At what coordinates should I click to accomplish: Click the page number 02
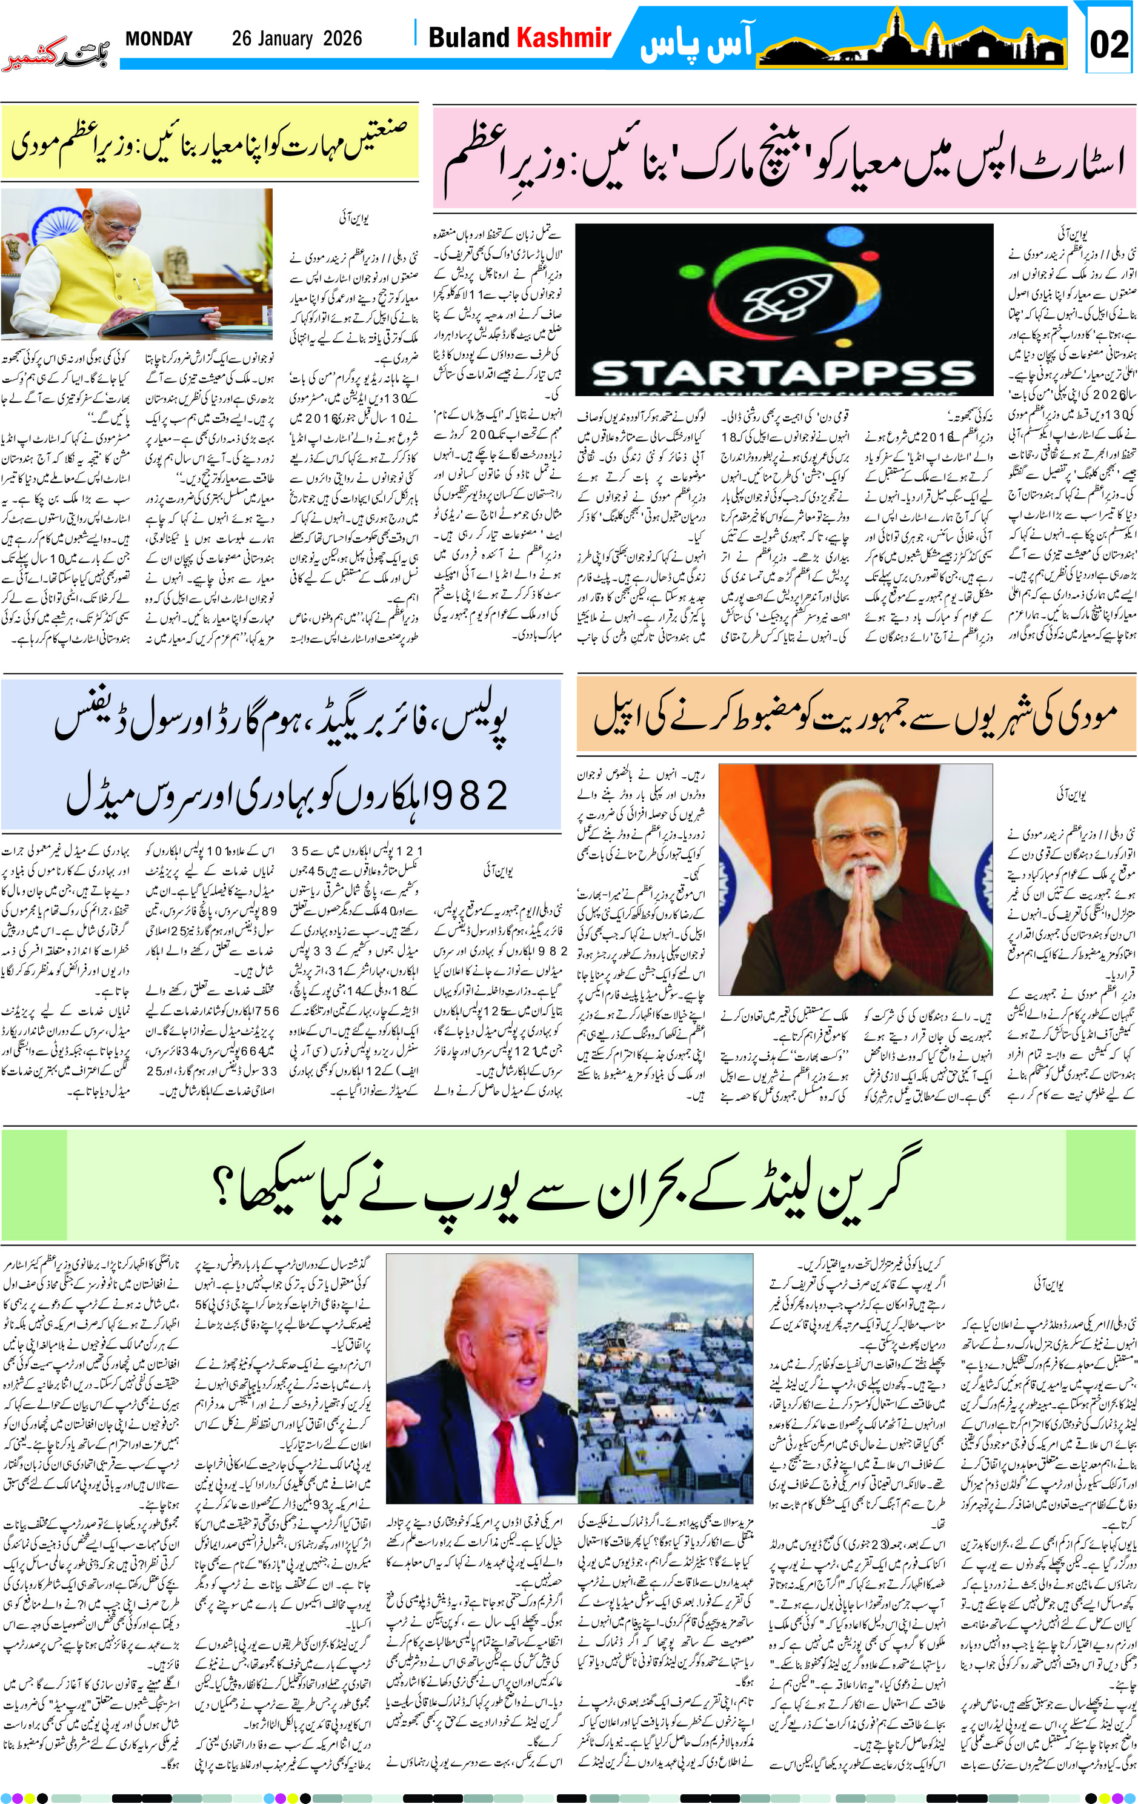point(1109,44)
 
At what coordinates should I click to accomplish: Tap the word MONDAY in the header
point(159,39)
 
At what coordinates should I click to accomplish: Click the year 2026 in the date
point(342,39)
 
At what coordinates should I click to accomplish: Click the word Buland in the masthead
point(468,38)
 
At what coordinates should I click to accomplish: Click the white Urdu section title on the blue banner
point(696,45)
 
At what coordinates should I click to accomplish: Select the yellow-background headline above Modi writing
point(210,142)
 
